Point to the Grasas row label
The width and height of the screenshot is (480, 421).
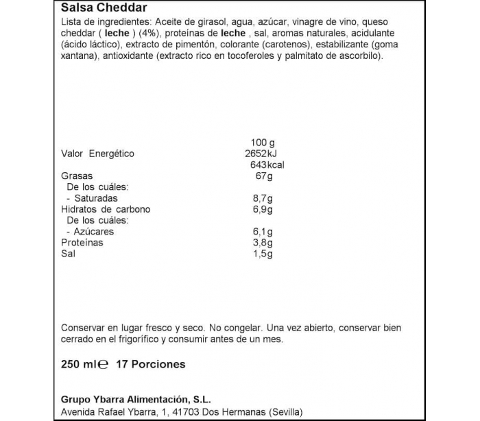[x=76, y=176]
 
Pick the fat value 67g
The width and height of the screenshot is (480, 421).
[x=263, y=176]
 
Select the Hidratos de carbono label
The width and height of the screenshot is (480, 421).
[x=105, y=209]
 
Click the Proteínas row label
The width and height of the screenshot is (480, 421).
[x=82, y=243]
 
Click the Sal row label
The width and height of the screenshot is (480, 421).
[x=68, y=254]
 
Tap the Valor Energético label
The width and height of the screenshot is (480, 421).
[x=97, y=154]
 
